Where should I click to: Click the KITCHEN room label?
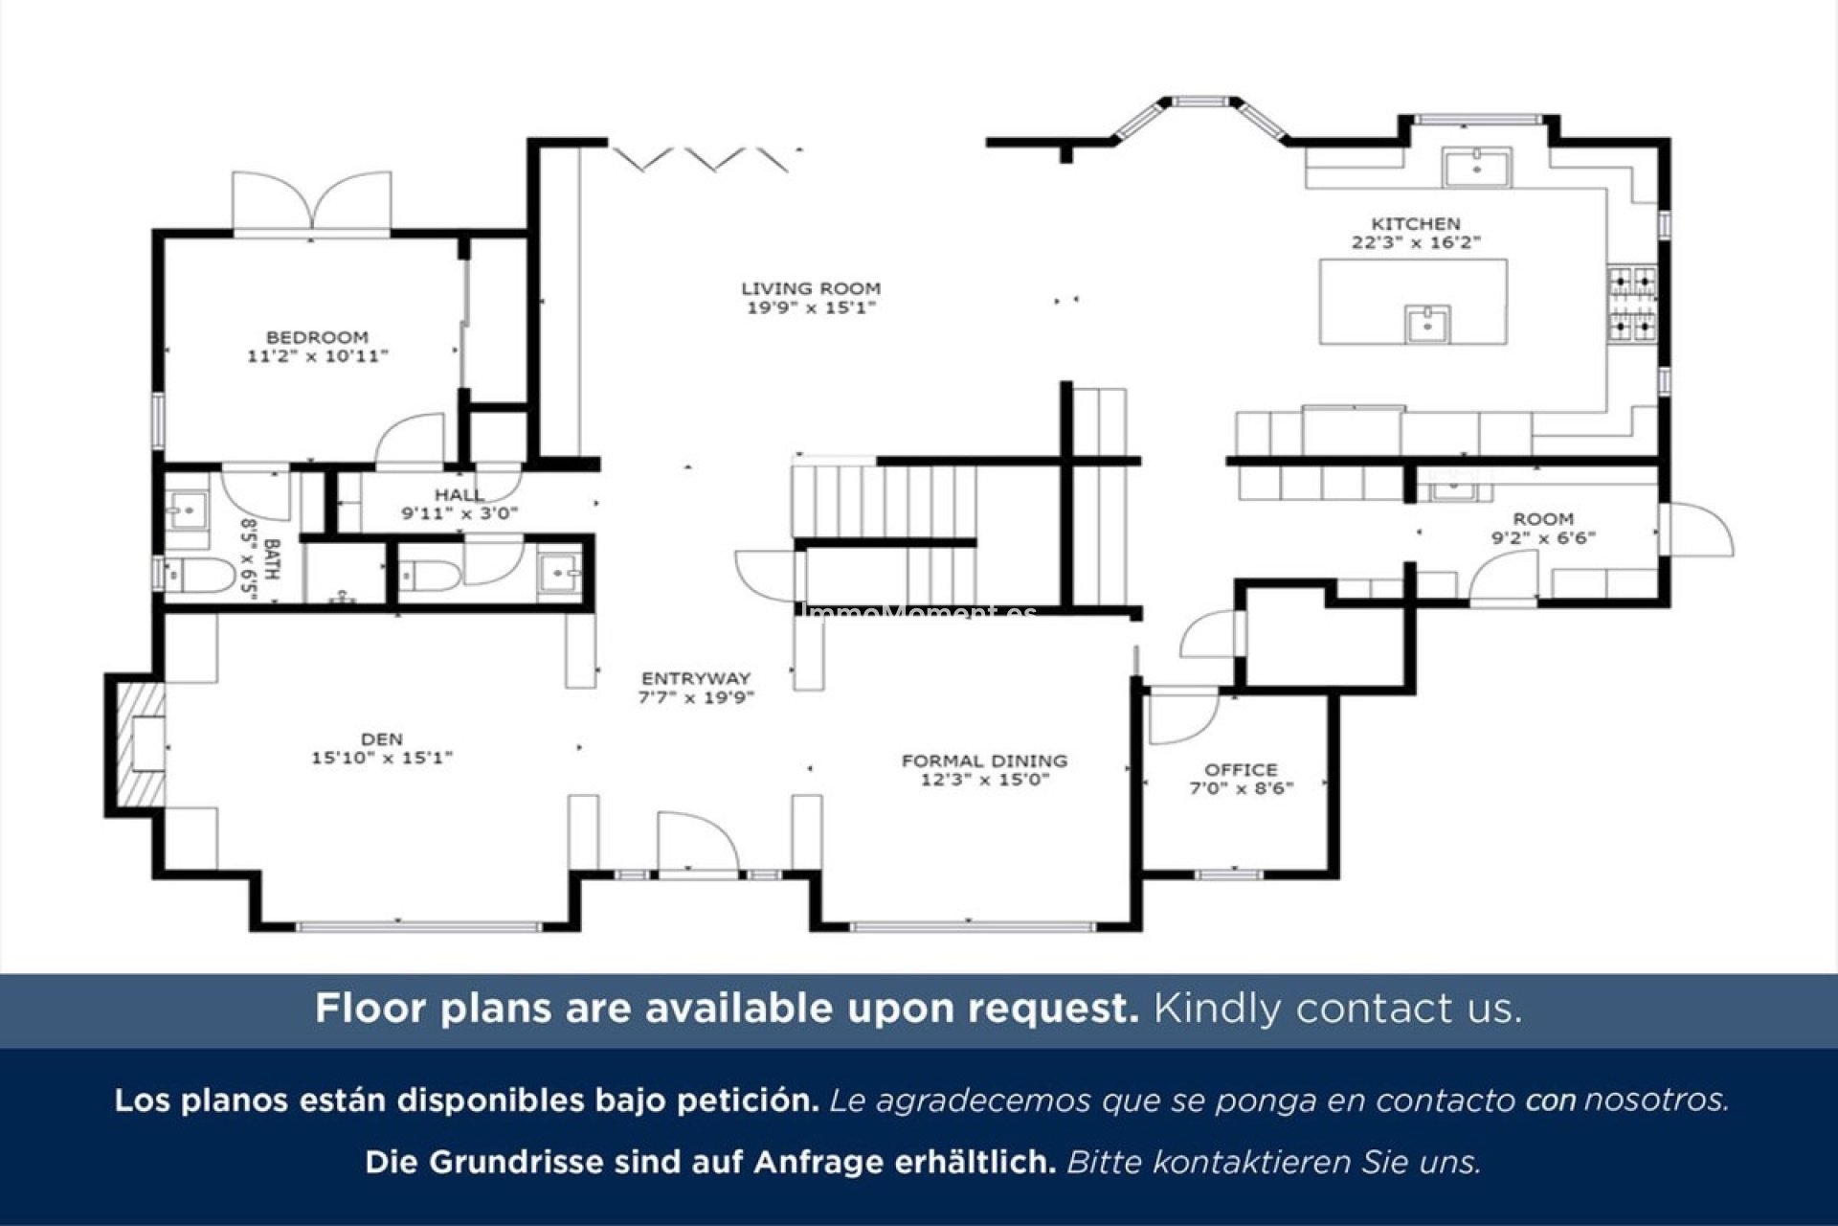click(1416, 223)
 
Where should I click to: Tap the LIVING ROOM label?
click(811, 287)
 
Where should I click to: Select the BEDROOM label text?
click(317, 337)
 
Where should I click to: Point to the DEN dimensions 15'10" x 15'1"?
click(381, 758)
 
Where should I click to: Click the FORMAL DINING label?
click(984, 761)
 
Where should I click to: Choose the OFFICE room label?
click(1241, 769)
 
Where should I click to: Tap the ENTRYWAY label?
click(696, 678)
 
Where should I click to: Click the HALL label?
click(459, 494)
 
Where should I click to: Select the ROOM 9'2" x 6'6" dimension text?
click(1543, 537)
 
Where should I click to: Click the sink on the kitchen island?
click(1427, 324)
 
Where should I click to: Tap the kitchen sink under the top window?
click(1477, 169)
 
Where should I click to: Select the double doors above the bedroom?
click(312, 203)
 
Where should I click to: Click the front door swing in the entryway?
click(697, 843)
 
